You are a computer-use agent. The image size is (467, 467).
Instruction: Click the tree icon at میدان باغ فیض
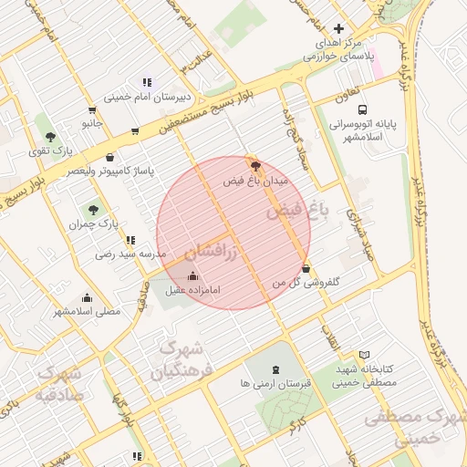254,166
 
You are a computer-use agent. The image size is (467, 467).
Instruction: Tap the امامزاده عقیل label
194,290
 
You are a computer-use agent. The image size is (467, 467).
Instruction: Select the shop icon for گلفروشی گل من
306,268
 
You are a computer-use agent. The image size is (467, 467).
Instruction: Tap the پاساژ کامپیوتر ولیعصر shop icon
110,156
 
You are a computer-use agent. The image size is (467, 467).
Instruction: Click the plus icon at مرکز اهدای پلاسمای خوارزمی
338,29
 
